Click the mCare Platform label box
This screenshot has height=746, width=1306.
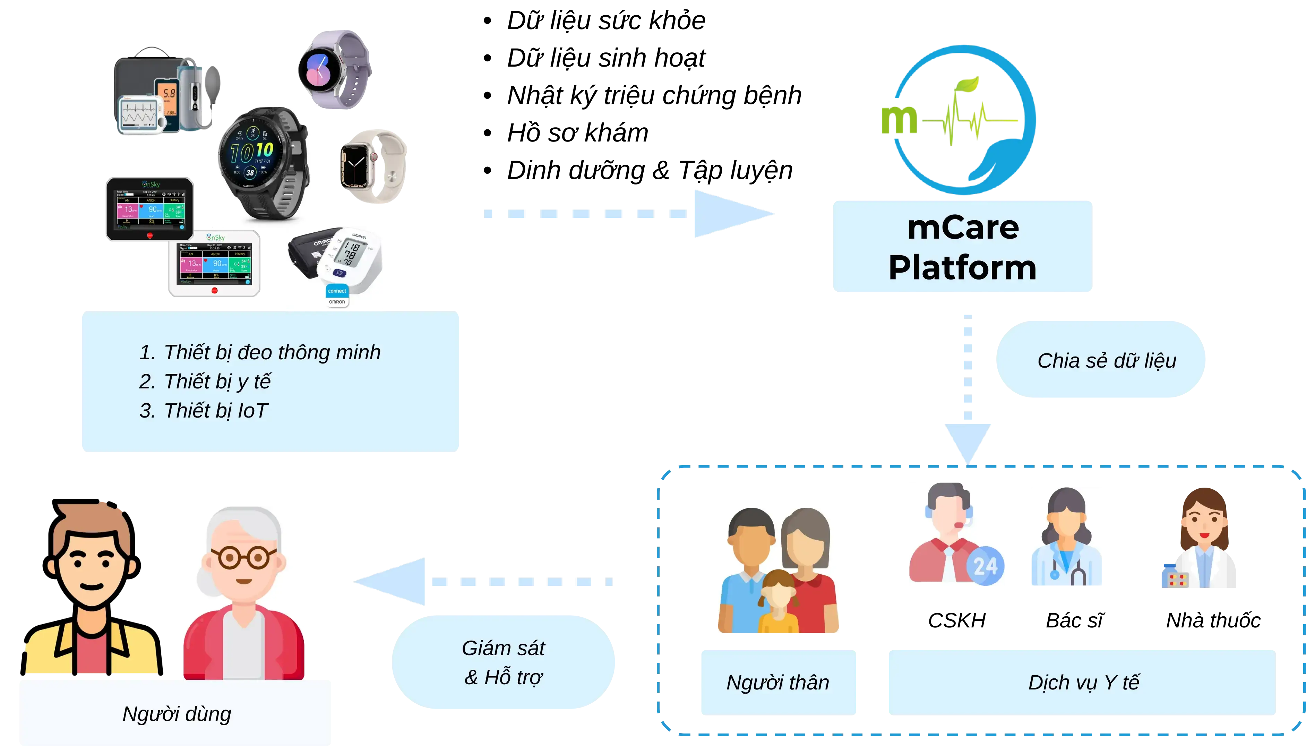962,247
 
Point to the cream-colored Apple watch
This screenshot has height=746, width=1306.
373,166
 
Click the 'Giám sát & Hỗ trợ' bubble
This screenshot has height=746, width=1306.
504,662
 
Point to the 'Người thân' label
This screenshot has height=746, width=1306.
777,683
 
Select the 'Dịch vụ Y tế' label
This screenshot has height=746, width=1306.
1082,683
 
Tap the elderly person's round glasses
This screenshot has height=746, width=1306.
244,557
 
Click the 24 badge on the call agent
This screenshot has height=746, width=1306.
985,566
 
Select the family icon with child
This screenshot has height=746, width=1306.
777,571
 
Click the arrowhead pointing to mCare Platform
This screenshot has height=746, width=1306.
732,214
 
